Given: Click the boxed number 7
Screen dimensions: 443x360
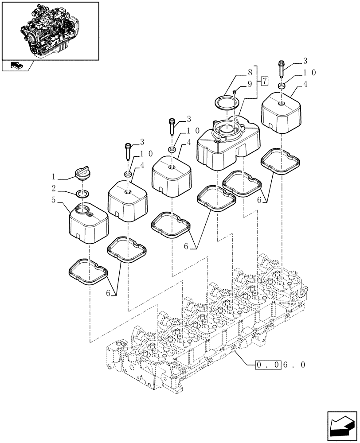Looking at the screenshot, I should pos(264,81).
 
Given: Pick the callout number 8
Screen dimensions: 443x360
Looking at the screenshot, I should pos(250,71).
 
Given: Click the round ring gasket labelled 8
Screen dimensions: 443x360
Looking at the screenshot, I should pos(227,103).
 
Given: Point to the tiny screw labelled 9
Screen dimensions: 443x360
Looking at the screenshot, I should pos(235,92).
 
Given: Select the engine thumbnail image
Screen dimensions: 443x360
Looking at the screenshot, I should pos(50,30).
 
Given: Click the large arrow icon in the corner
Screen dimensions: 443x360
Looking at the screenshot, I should pos(341,425).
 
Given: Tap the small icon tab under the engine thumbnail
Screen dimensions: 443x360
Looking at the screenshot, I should pos(16,66).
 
